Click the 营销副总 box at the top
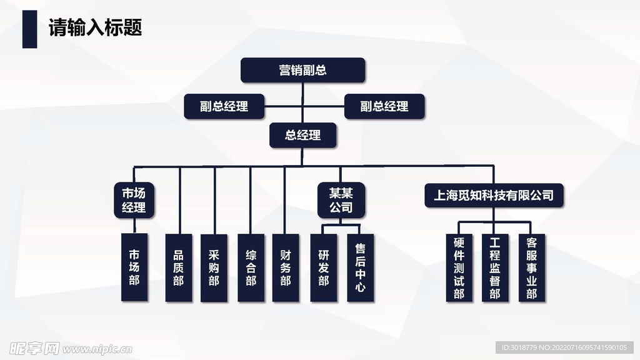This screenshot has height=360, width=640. [x=302, y=70]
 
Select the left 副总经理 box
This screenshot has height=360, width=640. [x=224, y=106]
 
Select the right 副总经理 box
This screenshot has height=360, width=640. [x=384, y=106]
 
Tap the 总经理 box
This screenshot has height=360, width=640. [x=303, y=135]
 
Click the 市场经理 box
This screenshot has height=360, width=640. [x=134, y=200]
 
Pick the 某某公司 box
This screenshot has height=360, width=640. [x=341, y=200]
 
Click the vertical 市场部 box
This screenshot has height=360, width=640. [x=134, y=267]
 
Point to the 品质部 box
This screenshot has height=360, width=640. [x=179, y=267]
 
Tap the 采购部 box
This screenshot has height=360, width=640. [x=214, y=267]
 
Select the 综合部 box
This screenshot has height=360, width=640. [x=251, y=267]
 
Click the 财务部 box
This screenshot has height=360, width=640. [x=286, y=267]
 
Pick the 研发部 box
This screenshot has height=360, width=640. [x=323, y=267]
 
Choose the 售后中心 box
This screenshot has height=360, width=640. [x=360, y=267]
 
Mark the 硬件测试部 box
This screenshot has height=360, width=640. [x=459, y=267]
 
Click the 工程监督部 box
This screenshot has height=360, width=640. [x=495, y=267]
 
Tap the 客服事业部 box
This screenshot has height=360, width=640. [x=531, y=267]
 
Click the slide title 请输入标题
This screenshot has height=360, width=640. [x=96, y=28]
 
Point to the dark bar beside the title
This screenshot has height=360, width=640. [x=29, y=29]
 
